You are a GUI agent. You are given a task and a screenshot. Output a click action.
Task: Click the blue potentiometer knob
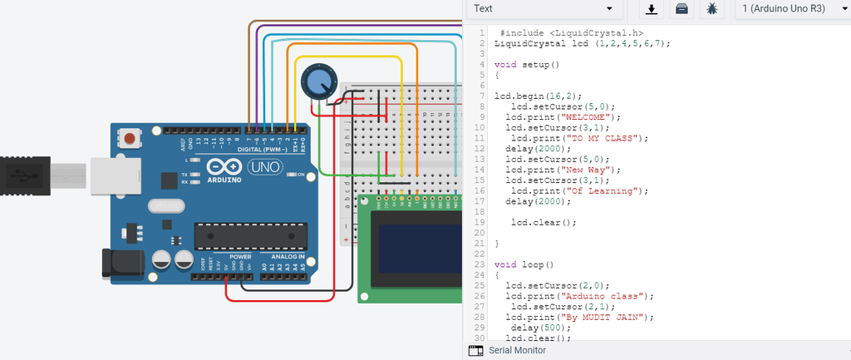[317, 81]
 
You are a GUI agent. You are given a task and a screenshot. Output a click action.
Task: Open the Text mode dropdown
[544, 8]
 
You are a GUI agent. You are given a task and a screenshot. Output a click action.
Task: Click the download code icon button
[652, 8]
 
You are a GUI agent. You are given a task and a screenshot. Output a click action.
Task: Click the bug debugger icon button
[712, 8]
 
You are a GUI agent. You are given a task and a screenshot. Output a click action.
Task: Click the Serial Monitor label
[517, 351]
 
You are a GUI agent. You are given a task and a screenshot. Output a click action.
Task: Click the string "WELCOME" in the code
[591, 117]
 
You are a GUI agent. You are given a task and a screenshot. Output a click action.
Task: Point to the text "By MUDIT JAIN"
[608, 317]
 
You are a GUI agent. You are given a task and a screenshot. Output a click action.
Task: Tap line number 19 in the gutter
[480, 222]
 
